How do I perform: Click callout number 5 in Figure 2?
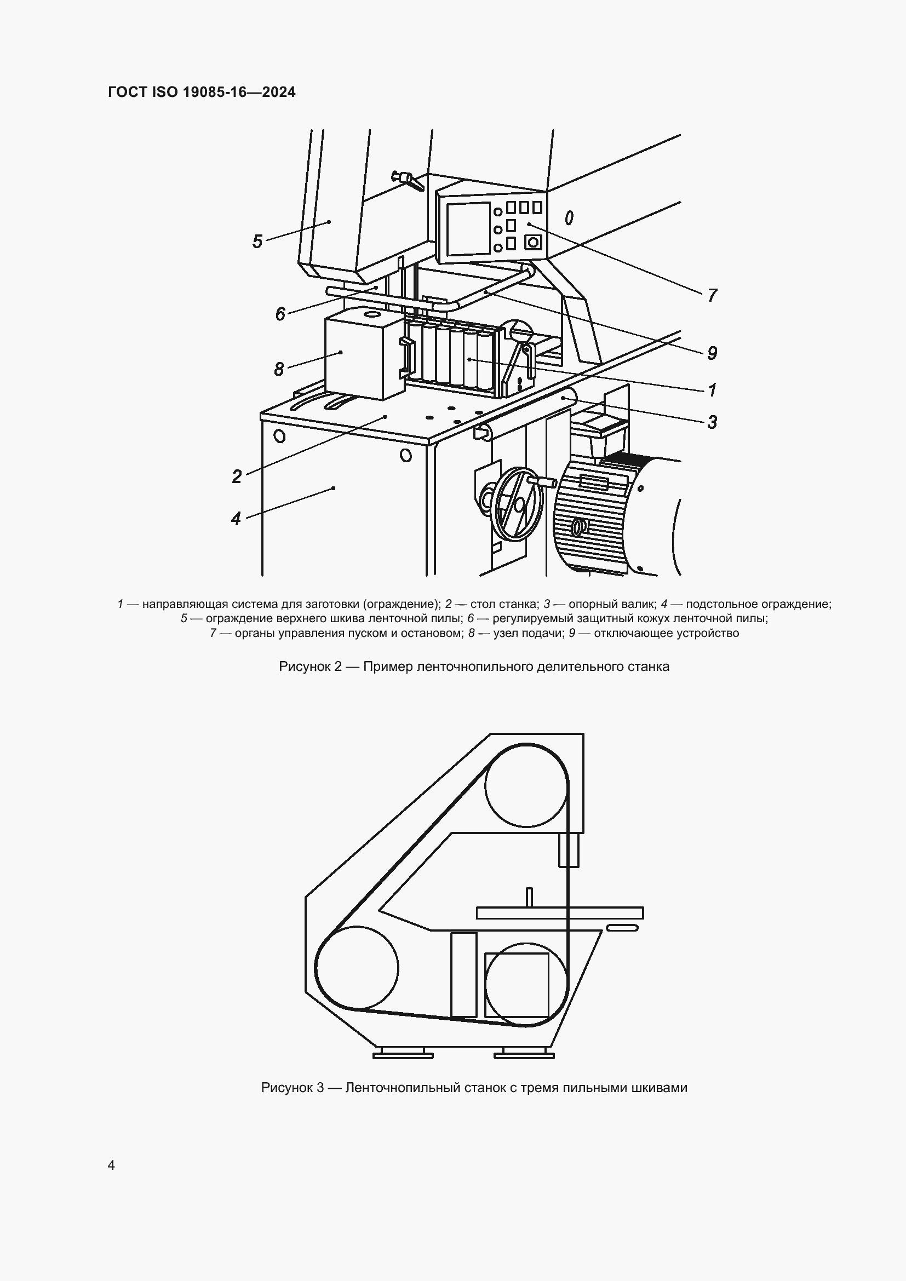(x=257, y=242)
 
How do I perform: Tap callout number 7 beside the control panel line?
(x=712, y=295)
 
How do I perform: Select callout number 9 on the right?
(x=712, y=353)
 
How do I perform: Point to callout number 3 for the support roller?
(x=712, y=422)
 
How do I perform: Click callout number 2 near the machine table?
(x=237, y=476)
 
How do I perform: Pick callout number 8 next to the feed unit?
(x=279, y=369)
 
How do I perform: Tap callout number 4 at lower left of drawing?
(x=236, y=519)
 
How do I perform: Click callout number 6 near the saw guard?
(x=280, y=314)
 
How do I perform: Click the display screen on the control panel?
(x=468, y=229)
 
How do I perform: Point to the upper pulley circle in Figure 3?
(x=526, y=785)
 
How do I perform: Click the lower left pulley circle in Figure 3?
(x=357, y=968)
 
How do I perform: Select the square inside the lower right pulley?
(x=517, y=985)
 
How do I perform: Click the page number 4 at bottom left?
(x=112, y=1165)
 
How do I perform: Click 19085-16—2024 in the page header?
(x=238, y=92)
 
